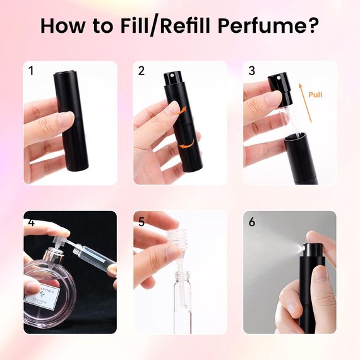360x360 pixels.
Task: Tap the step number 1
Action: [x=30, y=71]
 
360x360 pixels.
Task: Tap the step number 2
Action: [x=141, y=71]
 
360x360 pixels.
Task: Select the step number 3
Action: [x=251, y=71]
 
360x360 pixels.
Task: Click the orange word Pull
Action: [x=316, y=95]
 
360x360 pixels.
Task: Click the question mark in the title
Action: [x=312, y=27]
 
